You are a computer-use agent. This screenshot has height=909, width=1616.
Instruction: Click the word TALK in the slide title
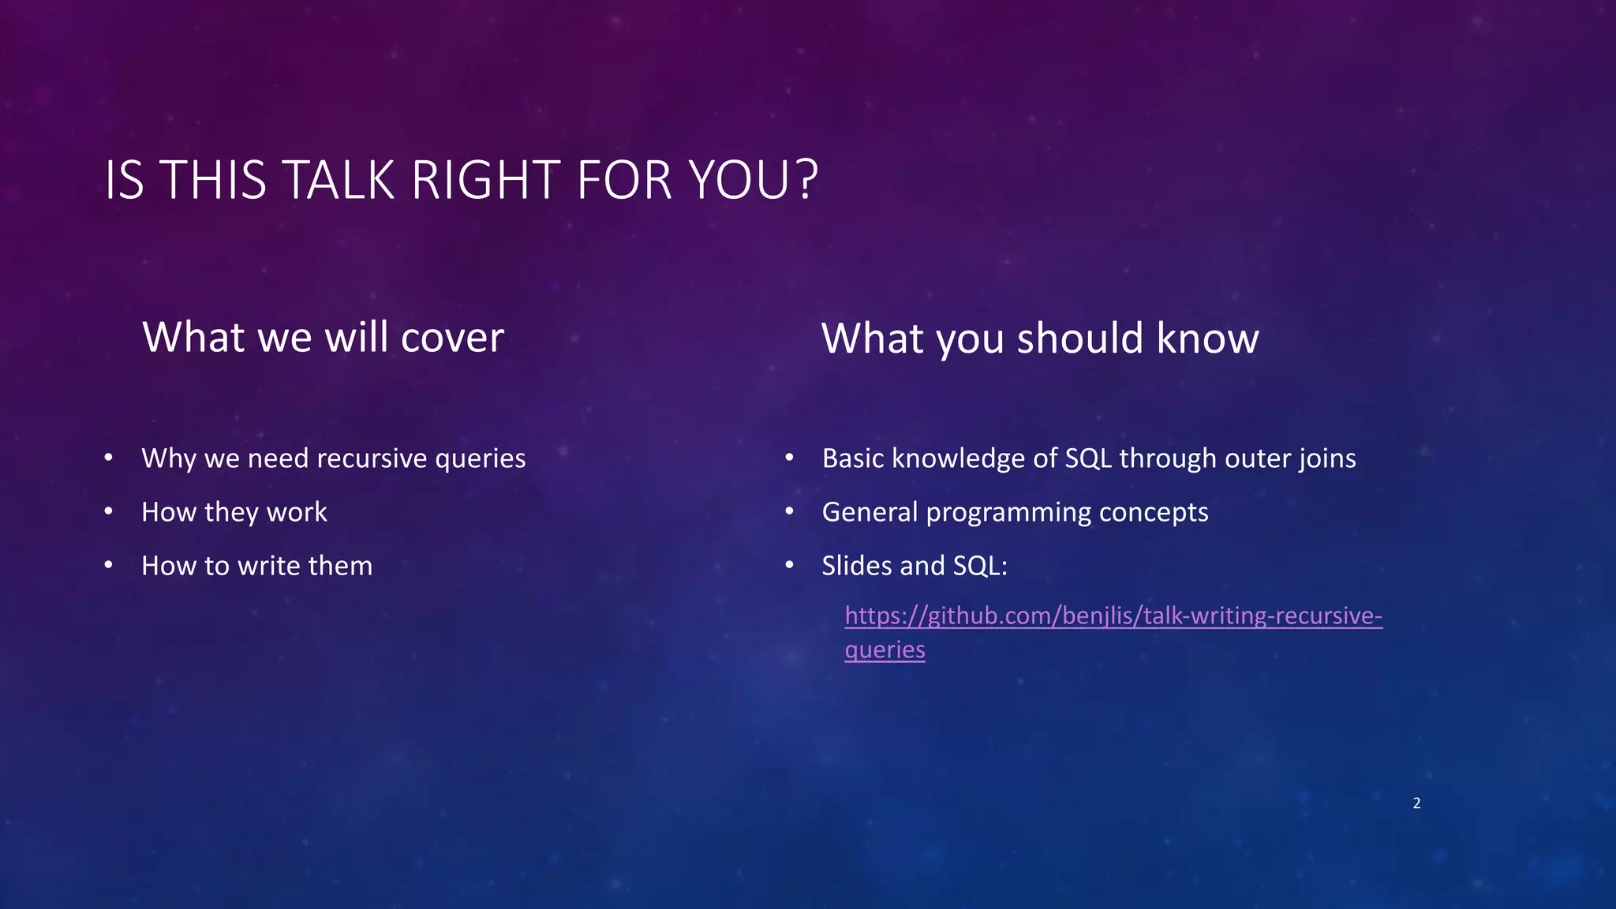click(337, 181)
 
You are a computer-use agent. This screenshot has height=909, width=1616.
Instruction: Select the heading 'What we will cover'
click(323, 338)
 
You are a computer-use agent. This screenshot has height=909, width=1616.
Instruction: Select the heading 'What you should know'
click(1040, 339)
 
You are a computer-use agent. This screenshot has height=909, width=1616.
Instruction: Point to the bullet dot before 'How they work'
click(109, 512)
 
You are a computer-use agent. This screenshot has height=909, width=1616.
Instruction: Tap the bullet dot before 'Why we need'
click(109, 458)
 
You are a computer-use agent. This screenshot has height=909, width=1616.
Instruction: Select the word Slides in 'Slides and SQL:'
click(855, 566)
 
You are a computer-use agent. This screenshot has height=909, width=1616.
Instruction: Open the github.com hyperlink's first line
click(1113, 615)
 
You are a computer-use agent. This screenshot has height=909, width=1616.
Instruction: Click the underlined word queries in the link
click(885, 650)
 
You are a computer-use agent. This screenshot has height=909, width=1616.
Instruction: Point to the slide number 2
click(1416, 803)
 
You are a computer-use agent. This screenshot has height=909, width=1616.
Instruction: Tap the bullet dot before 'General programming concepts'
click(789, 512)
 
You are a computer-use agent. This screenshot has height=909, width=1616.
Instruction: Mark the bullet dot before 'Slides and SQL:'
click(789, 566)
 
